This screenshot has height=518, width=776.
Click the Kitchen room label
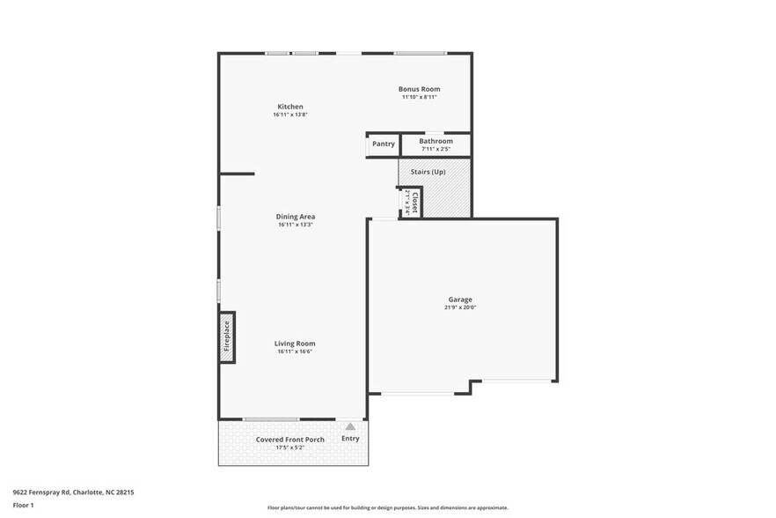click(x=289, y=107)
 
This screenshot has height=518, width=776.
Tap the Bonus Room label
click(x=419, y=89)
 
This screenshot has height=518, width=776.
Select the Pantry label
click(x=383, y=144)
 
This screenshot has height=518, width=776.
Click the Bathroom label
click(x=436, y=141)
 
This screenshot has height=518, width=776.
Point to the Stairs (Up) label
click(x=427, y=172)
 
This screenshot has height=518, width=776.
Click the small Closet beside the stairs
click(x=411, y=202)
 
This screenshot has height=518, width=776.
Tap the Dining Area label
click(x=295, y=217)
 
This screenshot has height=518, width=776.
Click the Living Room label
click(x=295, y=344)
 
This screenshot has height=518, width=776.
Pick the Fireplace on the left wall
click(x=227, y=337)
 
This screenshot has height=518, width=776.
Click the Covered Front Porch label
click(x=289, y=440)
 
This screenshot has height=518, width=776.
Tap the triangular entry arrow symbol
click(x=350, y=426)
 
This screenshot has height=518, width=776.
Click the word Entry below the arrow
click(x=350, y=439)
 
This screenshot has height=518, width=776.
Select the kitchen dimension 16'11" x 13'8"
click(x=289, y=115)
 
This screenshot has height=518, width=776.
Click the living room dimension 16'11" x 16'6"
click(x=295, y=351)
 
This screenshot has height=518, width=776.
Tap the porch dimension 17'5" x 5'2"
click(x=289, y=448)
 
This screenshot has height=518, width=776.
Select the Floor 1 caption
click(x=23, y=505)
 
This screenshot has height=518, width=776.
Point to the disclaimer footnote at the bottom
click(x=387, y=507)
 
